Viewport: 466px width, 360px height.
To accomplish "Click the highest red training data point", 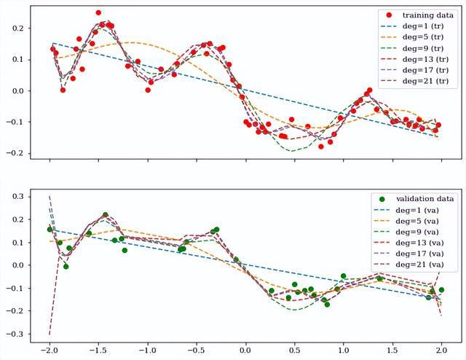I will [98, 13].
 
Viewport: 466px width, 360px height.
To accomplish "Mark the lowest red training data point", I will [321, 146].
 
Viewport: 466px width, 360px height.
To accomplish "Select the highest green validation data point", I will [106, 215].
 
